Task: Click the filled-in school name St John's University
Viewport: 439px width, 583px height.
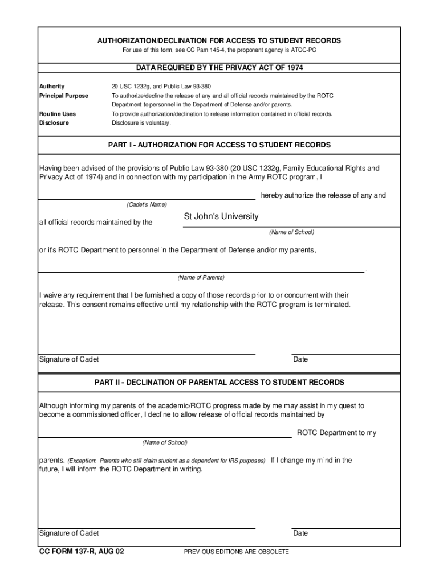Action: pyautogui.click(x=221, y=217)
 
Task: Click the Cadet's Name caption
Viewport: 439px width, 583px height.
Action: pyautogui.click(x=147, y=204)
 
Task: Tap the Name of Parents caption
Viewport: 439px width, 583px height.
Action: pyautogui.click(x=201, y=277)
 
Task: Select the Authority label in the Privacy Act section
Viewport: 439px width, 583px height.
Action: pyautogui.click(x=51, y=87)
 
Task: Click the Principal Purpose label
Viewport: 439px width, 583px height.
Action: pyautogui.click(x=63, y=96)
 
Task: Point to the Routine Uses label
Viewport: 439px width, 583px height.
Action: pyautogui.click(x=57, y=114)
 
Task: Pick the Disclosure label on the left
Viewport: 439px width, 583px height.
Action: pyautogui.click(x=54, y=123)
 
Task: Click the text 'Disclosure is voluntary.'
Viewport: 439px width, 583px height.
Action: pyautogui.click(x=141, y=123)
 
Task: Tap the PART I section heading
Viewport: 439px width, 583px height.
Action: pyautogui.click(x=219, y=145)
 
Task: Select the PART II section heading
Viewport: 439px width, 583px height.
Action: pyautogui.click(x=219, y=383)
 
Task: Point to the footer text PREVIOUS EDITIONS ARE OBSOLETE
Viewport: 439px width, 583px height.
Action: pyautogui.click(x=236, y=552)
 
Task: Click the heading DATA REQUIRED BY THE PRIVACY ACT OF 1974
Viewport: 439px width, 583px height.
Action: pyautogui.click(x=219, y=68)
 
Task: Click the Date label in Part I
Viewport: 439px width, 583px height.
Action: pyautogui.click(x=300, y=360)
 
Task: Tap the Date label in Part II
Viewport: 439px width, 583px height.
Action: pyautogui.click(x=300, y=533)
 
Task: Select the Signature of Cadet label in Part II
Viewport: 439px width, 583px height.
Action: pyautogui.click(x=68, y=533)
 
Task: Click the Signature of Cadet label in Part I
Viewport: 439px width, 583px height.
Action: pyautogui.click(x=68, y=360)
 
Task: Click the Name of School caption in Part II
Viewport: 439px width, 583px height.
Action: pyautogui.click(x=165, y=442)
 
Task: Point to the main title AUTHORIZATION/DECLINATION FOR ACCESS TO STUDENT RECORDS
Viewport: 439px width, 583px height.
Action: pyautogui.click(x=219, y=41)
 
